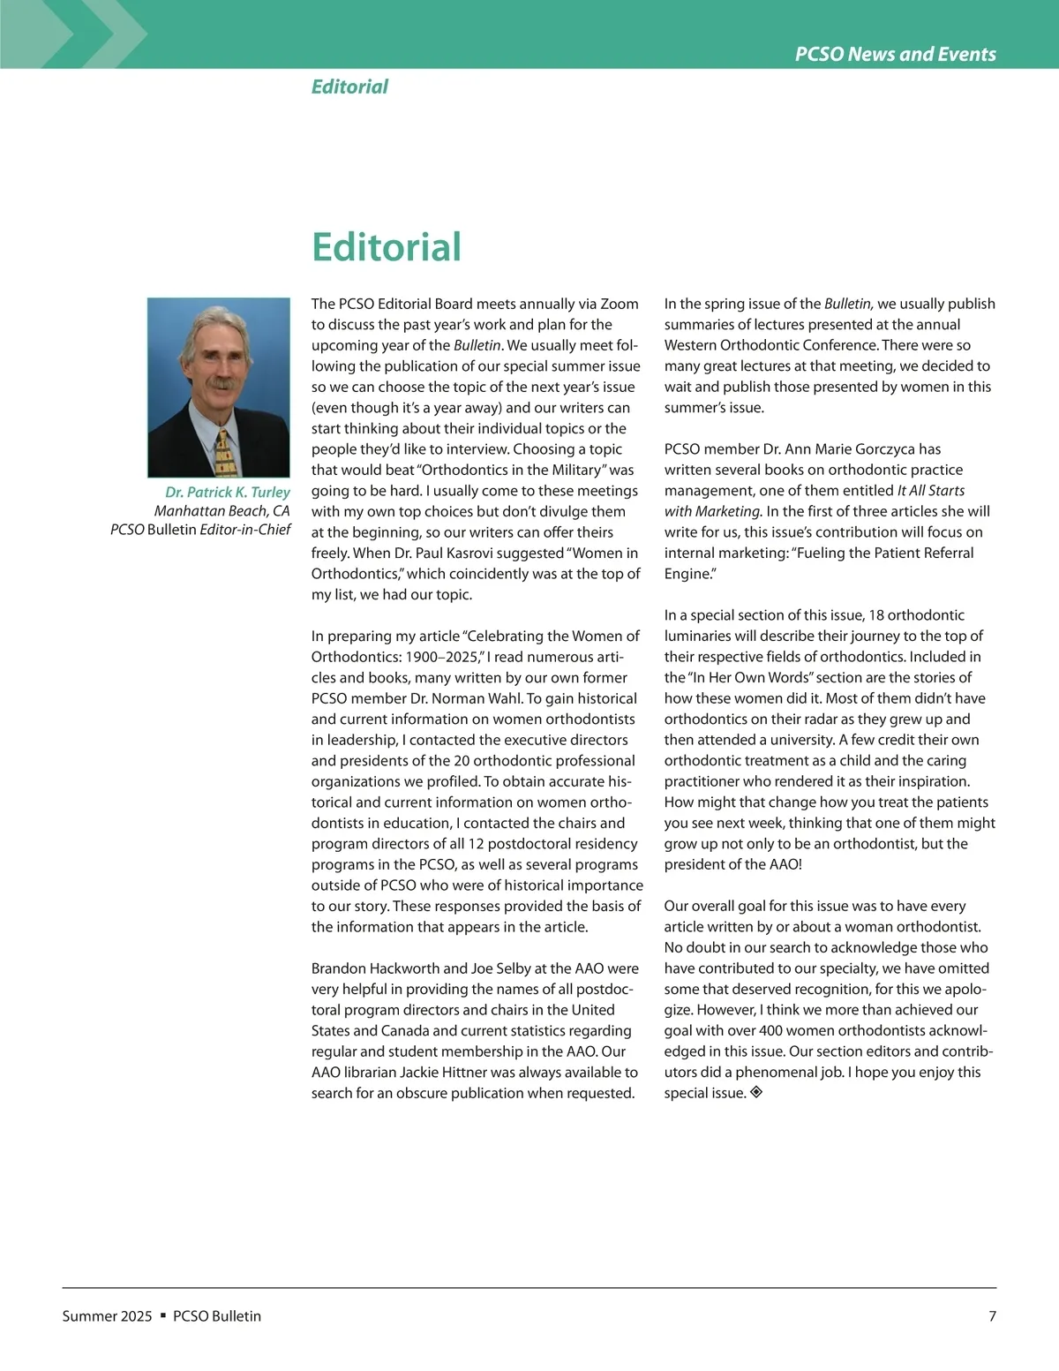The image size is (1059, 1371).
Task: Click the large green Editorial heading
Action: pos(386,246)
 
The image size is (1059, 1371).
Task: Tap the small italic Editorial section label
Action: pos(349,87)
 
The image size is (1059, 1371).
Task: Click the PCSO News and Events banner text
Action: pos(895,54)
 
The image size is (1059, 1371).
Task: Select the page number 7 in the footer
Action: pos(992,1316)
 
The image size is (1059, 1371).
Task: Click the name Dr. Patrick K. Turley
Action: pos(228,492)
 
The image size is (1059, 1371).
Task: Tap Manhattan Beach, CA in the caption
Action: pos(222,511)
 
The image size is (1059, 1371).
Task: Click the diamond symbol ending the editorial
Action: pos(755,1093)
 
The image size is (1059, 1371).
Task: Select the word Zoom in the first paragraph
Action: pos(620,304)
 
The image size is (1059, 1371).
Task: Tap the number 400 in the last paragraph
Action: pos(770,1031)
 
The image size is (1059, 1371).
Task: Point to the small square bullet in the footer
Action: pos(162,1316)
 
